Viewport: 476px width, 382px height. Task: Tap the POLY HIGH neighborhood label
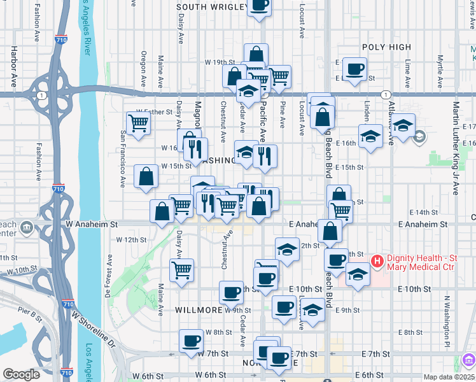(386, 48)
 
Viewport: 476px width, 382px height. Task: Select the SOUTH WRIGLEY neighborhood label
(211, 7)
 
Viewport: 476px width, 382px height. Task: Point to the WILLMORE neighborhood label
(198, 311)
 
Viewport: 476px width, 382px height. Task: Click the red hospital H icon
(377, 260)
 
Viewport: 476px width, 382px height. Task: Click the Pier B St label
(30, 312)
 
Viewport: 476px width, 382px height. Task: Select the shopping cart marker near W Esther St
(138, 122)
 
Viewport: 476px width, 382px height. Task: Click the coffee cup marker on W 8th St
(191, 341)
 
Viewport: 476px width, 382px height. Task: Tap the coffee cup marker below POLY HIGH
(354, 68)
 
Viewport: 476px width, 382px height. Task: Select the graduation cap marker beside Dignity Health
(358, 274)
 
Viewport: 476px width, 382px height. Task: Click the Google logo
(21, 374)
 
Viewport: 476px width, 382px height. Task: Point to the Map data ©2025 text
(449, 377)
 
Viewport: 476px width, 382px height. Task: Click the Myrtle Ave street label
(440, 67)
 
